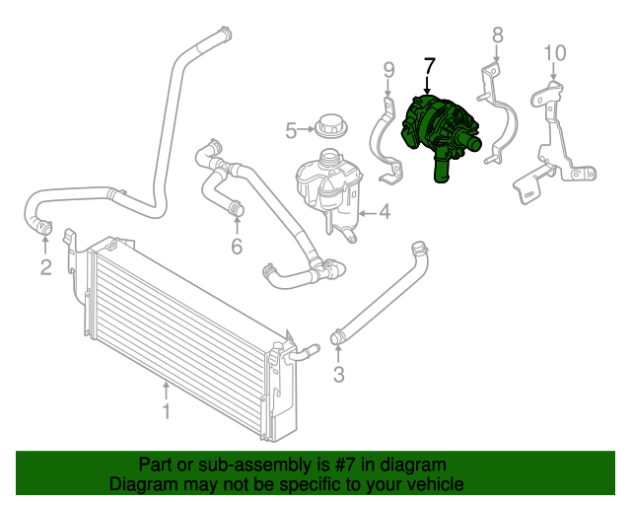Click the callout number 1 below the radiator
pyautogui.click(x=167, y=410)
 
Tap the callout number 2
pyautogui.click(x=45, y=268)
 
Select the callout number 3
pyautogui.click(x=338, y=374)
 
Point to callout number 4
pyautogui.click(x=384, y=211)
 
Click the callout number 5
pyautogui.click(x=291, y=130)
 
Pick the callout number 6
pyautogui.click(x=237, y=247)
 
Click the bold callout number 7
pyautogui.click(x=428, y=67)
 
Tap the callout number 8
pyautogui.click(x=497, y=36)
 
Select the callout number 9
pyautogui.click(x=388, y=69)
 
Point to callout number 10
pyautogui.click(x=554, y=52)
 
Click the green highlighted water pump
pyautogui.click(x=440, y=133)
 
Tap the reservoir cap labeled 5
pyautogui.click(x=329, y=127)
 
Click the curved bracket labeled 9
pyautogui.click(x=384, y=138)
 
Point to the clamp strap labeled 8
pyautogui.click(x=504, y=108)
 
